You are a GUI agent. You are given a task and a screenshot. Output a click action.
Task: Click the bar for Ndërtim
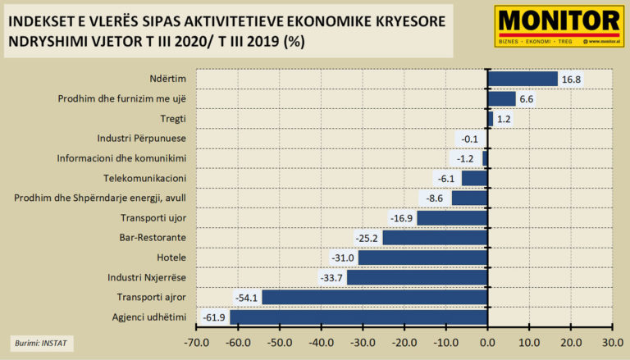[523, 79]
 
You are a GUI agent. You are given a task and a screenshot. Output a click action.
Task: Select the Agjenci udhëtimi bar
[358, 317]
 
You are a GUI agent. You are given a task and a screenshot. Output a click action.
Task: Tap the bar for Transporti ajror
[374, 297]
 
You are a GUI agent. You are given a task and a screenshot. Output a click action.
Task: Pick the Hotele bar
[422, 257]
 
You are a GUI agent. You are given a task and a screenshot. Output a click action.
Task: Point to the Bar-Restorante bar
[435, 238]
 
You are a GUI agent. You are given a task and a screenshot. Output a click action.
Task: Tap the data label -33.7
[331, 277]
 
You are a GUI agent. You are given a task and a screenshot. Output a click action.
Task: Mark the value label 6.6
[527, 98]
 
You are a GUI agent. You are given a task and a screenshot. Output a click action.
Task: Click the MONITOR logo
[559, 25]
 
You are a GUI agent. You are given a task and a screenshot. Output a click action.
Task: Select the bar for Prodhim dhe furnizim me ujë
[501, 98]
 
